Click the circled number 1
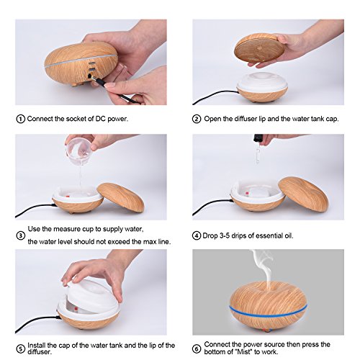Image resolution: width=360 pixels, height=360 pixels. coord(21,119)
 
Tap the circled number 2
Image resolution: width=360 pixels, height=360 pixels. coord(197,119)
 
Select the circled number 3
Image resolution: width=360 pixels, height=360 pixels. coord(21,235)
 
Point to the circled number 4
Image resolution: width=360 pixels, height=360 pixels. coord(197,235)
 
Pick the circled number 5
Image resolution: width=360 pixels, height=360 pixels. coord(21,348)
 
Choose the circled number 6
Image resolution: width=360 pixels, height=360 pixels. coord(197,348)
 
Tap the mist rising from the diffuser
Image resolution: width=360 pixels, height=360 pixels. coord(263,266)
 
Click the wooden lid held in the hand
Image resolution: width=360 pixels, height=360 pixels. coord(259,48)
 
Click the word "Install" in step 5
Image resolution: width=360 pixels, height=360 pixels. coord(37,346)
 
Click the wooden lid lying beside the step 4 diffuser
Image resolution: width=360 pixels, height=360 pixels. coord(303,194)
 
